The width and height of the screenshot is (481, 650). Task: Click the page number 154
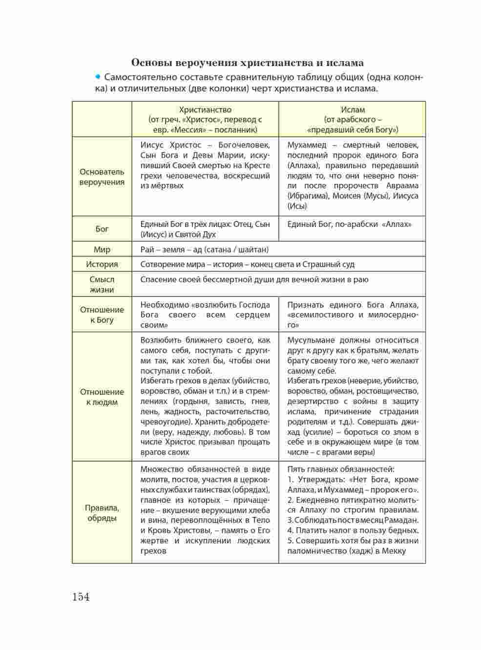click(81, 597)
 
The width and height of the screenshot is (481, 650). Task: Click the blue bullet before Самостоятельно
click(98, 77)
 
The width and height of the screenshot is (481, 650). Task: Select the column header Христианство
click(205, 110)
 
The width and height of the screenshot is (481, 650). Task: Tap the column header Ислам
click(353, 110)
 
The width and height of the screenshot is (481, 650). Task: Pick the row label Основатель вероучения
click(102, 177)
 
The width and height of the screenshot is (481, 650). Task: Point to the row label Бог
click(102, 229)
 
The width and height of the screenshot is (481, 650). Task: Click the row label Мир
click(102, 249)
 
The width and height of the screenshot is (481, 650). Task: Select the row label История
click(102, 264)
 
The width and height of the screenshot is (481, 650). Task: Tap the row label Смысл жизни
click(102, 284)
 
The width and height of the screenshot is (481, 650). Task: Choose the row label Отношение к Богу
click(102, 314)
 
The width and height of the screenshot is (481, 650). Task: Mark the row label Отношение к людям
click(102, 397)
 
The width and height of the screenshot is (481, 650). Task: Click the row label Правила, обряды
click(102, 513)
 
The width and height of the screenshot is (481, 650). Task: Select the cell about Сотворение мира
click(247, 264)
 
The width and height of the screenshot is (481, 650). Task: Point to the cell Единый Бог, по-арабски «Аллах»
click(349, 224)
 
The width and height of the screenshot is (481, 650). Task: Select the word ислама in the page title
click(344, 63)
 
